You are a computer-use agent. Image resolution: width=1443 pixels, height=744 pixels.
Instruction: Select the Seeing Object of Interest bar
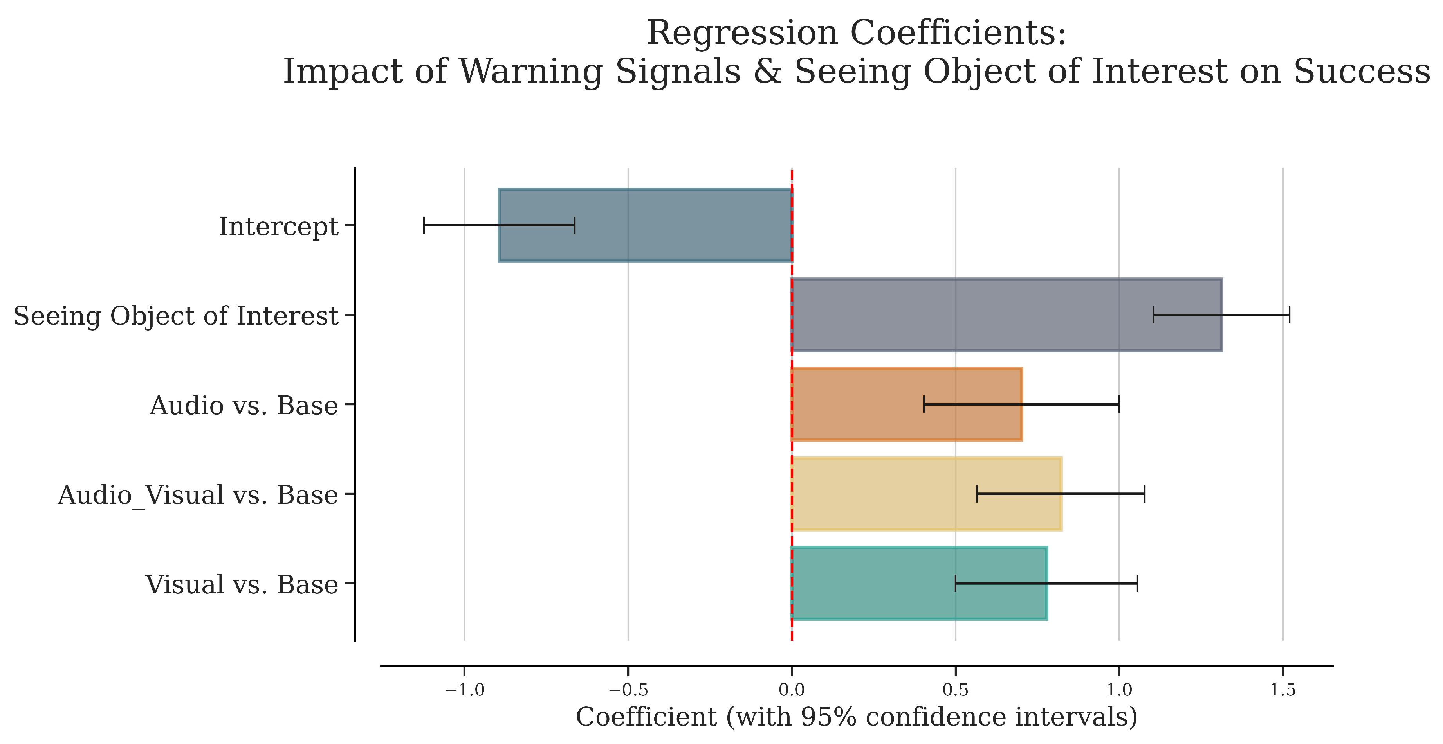coord(1006,314)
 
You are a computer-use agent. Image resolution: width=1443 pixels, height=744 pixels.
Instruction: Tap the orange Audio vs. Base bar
coord(906,404)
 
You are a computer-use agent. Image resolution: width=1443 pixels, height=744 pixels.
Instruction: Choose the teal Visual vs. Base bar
coord(919,583)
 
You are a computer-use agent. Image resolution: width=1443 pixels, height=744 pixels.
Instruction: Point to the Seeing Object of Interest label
coord(176,316)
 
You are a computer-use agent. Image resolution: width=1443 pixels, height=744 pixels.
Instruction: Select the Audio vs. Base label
coord(244,405)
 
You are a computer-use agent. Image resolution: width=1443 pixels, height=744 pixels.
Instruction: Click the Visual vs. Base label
coord(242,584)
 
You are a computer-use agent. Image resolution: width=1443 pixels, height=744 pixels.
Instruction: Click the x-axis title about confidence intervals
coord(857,717)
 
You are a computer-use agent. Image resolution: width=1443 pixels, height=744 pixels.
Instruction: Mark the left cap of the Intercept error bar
coord(424,225)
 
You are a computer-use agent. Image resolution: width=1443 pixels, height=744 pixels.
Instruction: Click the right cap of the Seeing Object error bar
coord(1290,314)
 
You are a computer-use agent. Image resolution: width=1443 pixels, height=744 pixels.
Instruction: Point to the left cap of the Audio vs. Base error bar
coord(924,404)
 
